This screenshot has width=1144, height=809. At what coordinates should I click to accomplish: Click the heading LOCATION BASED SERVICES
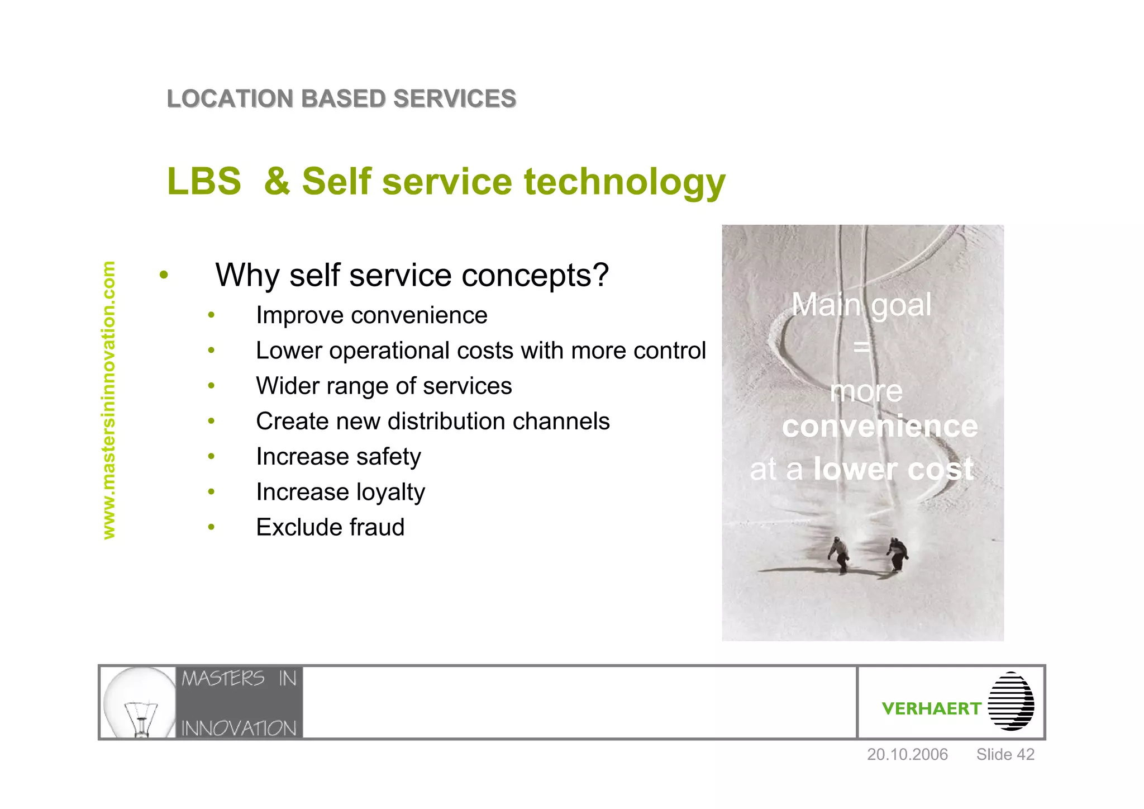tap(341, 99)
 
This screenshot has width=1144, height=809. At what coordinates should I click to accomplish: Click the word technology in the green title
tap(624, 182)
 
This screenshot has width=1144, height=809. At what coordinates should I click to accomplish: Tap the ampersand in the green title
tap(277, 182)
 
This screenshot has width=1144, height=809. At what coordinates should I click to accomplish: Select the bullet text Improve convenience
tap(371, 315)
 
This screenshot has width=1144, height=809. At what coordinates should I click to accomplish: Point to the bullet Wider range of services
tap(384, 386)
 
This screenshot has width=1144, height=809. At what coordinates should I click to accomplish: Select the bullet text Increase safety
tap(338, 457)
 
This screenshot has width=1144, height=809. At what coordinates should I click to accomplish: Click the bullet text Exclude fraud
tap(330, 527)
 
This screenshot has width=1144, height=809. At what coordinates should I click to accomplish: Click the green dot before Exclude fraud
tap(211, 527)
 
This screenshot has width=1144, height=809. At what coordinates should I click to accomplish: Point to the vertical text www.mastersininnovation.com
tap(108, 400)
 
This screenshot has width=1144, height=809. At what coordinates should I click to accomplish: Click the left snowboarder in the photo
tap(839, 554)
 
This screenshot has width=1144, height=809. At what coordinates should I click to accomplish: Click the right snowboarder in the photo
tap(897, 553)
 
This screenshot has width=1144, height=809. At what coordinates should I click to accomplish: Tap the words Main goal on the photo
tap(861, 305)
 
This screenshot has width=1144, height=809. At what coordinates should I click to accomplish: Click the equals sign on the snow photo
tap(861, 347)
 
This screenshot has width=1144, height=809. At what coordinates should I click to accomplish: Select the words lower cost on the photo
tap(893, 469)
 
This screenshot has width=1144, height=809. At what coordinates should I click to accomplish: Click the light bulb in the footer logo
tap(140, 702)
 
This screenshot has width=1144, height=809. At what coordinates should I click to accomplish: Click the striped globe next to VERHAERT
tap(1010, 701)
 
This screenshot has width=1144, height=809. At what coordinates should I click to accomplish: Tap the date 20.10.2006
tap(907, 754)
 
